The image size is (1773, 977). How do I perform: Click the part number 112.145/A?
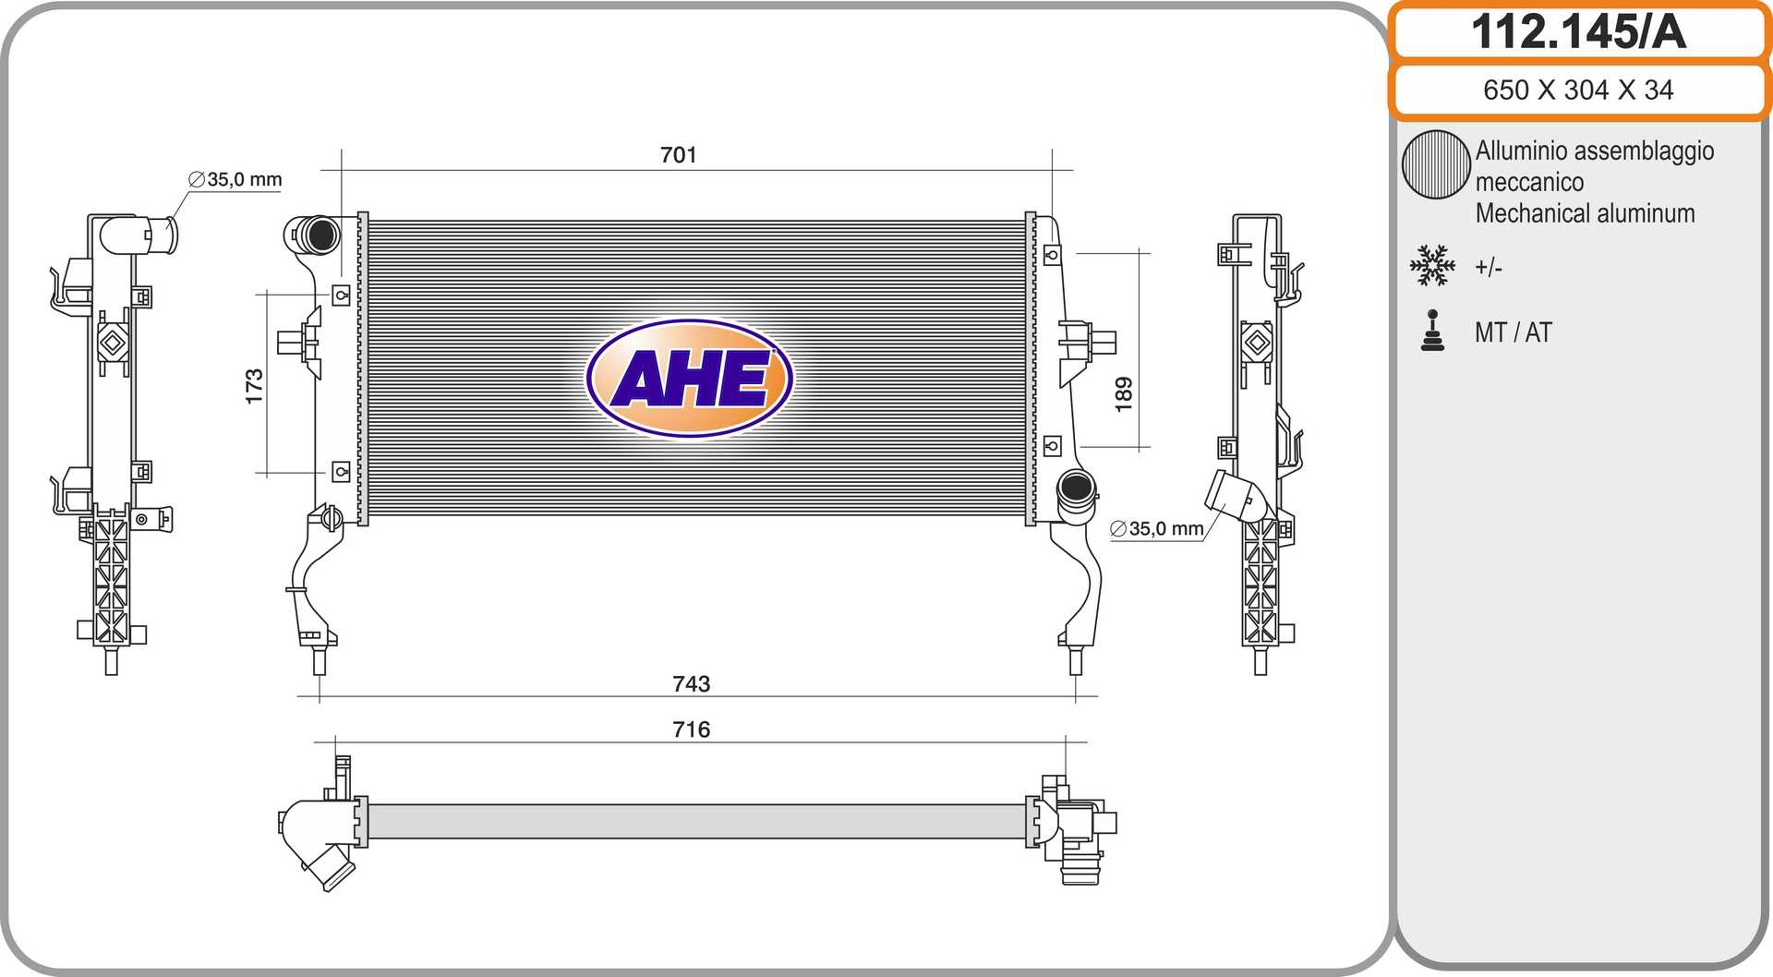(1578, 31)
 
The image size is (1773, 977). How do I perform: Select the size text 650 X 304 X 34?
(1578, 90)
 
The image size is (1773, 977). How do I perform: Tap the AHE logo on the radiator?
(690, 378)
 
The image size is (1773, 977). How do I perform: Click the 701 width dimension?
(679, 154)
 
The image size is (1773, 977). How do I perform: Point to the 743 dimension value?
(692, 683)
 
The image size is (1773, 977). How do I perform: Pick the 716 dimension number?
(692, 730)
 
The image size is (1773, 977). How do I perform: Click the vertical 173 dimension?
(254, 386)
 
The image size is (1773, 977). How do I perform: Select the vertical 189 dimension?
(1123, 394)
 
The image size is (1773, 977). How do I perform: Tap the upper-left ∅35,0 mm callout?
(235, 179)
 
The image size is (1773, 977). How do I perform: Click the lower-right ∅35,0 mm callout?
(1157, 528)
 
